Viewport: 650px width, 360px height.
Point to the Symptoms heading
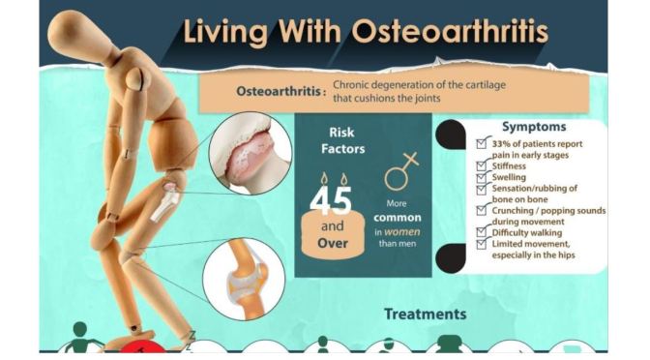(534, 127)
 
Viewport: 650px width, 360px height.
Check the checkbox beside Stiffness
(483, 166)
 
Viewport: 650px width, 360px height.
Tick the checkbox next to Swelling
(483, 178)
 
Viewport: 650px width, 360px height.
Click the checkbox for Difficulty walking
(483, 233)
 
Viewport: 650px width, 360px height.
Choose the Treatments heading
(425, 314)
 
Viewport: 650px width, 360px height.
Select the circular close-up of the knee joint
(244, 278)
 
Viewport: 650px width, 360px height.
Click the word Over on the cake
(332, 243)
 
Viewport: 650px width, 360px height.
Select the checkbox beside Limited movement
(483, 245)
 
